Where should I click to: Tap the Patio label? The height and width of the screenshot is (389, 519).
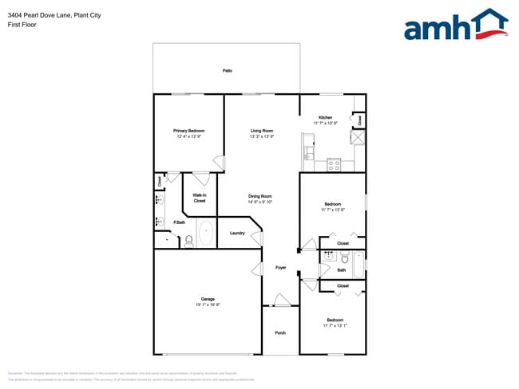pyautogui.click(x=228, y=71)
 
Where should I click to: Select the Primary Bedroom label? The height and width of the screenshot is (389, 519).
pyautogui.click(x=189, y=131)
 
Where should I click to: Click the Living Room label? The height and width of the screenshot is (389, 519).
pyautogui.click(x=262, y=131)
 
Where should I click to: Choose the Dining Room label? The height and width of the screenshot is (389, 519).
pyautogui.click(x=260, y=196)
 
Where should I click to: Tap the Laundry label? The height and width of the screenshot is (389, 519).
pyautogui.click(x=237, y=233)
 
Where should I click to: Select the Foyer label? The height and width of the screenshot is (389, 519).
pyautogui.click(x=281, y=268)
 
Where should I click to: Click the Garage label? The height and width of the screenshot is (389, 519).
pyautogui.click(x=208, y=299)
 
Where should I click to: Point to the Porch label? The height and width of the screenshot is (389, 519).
pyautogui.click(x=280, y=332)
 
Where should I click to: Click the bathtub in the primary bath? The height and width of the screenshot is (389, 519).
pyautogui.click(x=206, y=232)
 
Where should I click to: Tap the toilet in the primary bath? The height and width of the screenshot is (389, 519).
pyautogui.click(x=189, y=241)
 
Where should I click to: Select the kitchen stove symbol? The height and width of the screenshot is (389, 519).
pyautogui.click(x=335, y=165)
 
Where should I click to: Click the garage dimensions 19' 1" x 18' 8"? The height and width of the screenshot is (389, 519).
pyautogui.click(x=208, y=305)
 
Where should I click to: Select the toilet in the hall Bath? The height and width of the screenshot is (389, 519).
pyautogui.click(x=344, y=258)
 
